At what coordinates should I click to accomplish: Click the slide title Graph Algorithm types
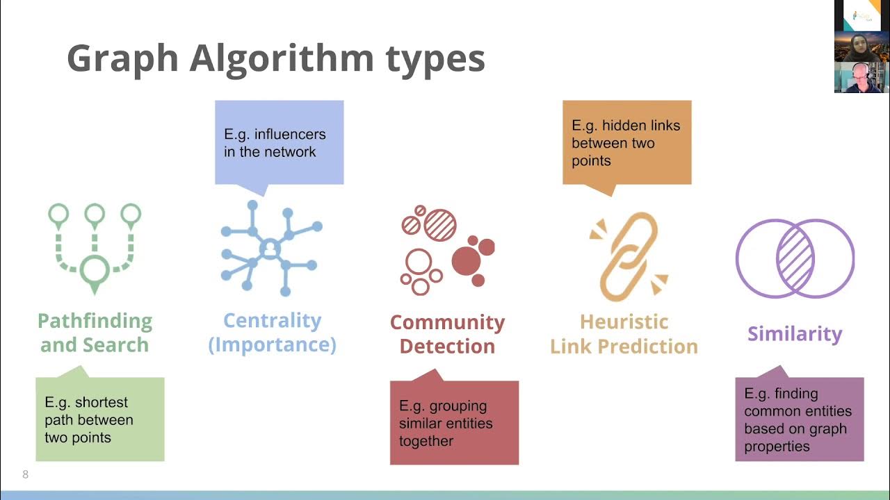[275, 58]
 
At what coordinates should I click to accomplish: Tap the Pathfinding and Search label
[95, 333]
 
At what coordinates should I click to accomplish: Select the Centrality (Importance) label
[273, 333]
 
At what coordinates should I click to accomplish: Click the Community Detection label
[447, 334]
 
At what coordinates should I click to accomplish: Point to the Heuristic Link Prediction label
[624, 334]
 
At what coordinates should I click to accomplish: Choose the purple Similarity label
[795, 334]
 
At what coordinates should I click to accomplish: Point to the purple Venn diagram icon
[795, 258]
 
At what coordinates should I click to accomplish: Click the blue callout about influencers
[279, 143]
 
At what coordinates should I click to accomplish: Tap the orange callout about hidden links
[626, 143]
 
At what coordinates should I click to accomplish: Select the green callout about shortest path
[99, 419]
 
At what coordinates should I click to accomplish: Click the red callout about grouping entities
[454, 423]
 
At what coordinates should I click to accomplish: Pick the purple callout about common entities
[800, 419]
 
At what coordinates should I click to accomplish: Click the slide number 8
[26, 475]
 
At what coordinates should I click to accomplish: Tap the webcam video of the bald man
[861, 78]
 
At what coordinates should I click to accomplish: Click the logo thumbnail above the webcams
[861, 15]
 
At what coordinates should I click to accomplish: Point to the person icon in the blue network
[268, 249]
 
